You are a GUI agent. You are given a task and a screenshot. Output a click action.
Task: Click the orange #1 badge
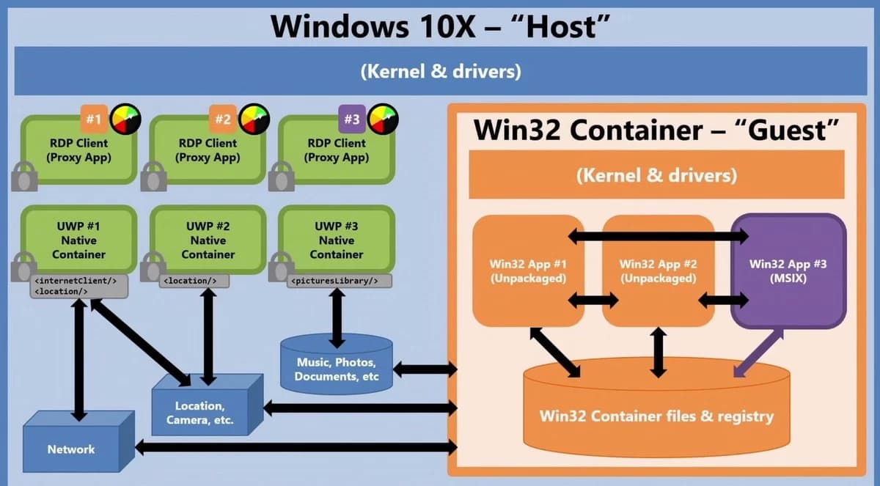point(93,119)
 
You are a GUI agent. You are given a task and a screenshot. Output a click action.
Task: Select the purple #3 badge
point(351,119)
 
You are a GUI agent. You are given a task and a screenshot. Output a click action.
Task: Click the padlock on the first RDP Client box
point(24,176)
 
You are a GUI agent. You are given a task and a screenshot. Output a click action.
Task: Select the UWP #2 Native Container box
point(208,240)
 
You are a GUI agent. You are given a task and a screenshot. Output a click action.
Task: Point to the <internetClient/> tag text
point(76,280)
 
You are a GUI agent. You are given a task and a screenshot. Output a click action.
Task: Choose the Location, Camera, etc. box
point(199,413)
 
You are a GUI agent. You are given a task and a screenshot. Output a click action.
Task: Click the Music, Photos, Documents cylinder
point(337,369)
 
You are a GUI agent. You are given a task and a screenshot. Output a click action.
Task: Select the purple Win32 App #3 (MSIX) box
point(788,270)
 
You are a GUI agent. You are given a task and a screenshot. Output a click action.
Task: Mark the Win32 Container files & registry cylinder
point(656,416)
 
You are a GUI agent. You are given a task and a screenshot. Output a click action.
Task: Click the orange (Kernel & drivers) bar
point(656,175)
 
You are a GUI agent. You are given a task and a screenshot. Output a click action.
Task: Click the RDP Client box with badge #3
point(337,150)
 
